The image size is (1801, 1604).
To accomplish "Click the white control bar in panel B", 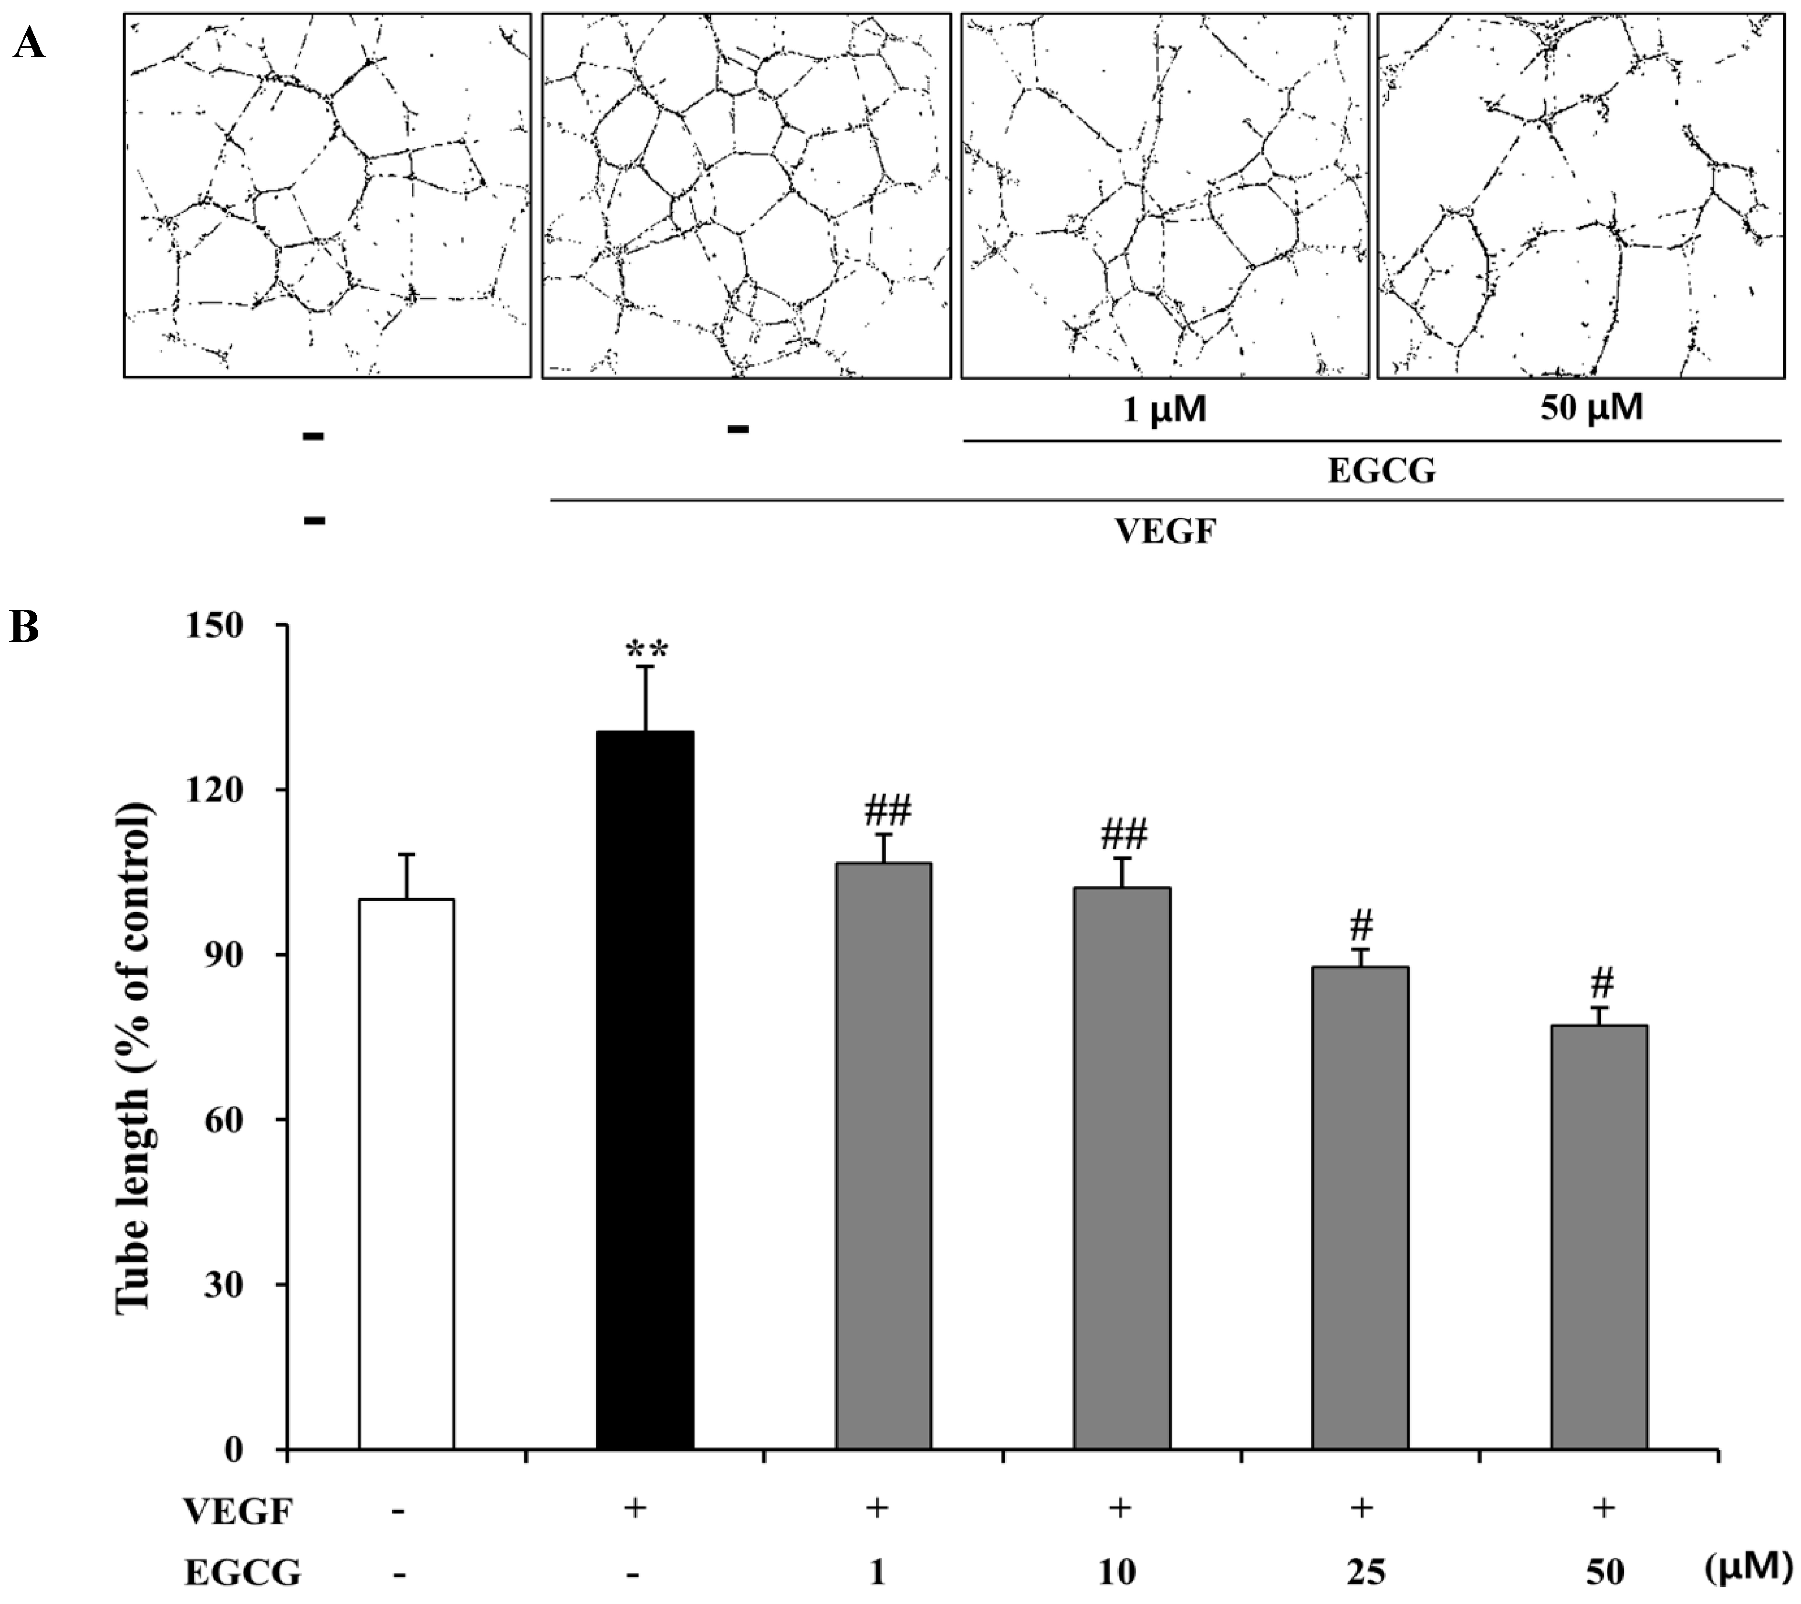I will [x=406, y=1172].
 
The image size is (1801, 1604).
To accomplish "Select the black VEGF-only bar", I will [x=645, y=1089].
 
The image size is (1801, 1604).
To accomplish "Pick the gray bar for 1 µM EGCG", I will [x=883, y=1154].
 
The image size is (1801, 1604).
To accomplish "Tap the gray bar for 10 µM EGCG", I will [x=1122, y=1168].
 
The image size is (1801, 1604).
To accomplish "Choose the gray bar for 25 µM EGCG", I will [x=1361, y=1207].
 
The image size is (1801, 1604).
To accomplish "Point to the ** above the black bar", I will [x=647, y=652].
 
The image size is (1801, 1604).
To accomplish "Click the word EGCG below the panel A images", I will [x=1381, y=472].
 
